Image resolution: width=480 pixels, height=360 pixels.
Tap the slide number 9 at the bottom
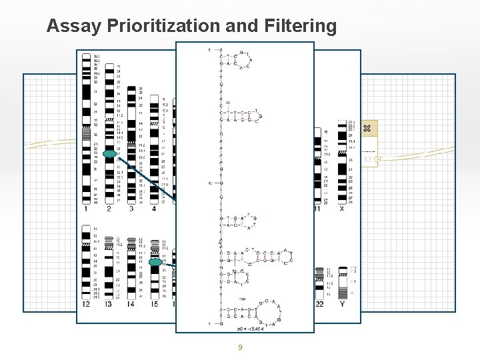240,347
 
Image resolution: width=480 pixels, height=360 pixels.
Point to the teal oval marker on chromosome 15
155,262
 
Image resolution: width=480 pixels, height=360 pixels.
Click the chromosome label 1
86,209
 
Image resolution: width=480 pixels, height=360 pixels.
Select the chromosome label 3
131,209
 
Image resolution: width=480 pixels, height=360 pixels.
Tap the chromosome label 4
154,209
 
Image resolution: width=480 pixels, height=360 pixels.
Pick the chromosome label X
342,209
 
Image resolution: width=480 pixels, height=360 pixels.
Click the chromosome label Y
342,304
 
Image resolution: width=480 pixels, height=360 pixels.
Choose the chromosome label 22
319,304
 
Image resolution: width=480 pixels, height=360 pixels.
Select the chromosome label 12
86,304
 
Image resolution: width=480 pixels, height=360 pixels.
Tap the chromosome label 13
109,304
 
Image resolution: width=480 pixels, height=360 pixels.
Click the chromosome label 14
131,304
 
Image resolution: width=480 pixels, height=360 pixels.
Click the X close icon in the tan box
367,128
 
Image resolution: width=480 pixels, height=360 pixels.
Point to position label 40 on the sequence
210,182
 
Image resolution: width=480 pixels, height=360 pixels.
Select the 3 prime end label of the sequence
211,323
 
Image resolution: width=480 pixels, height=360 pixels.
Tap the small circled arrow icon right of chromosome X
377,159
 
